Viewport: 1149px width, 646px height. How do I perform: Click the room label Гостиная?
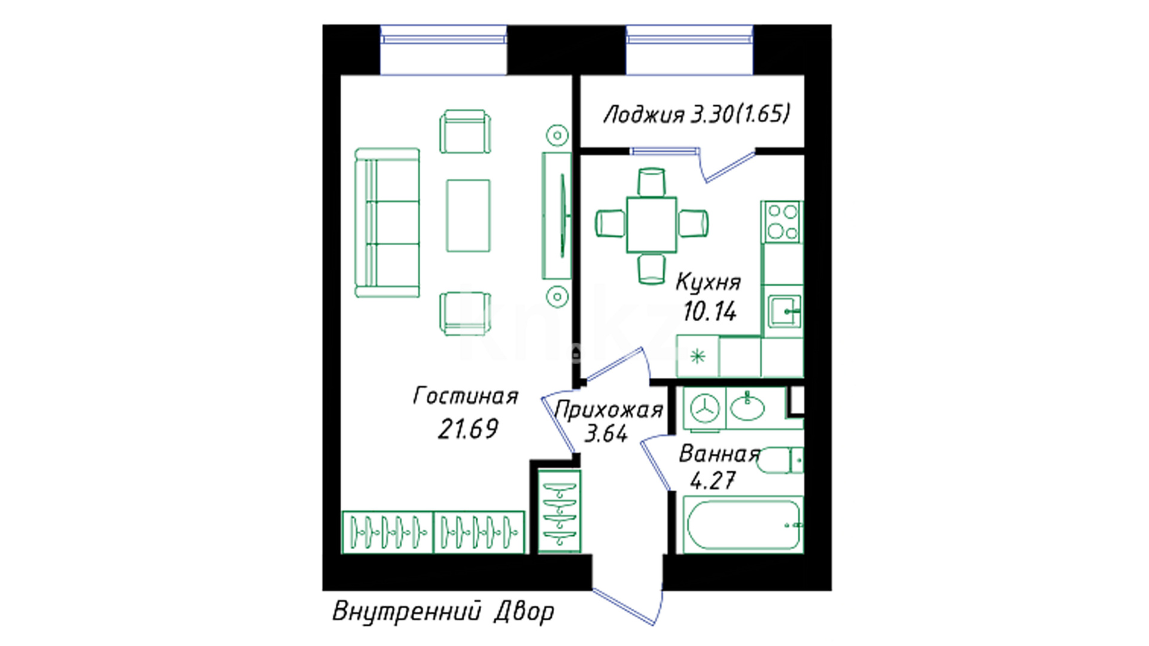[x=466, y=396]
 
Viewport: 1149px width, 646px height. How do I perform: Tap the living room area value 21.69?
[x=468, y=429]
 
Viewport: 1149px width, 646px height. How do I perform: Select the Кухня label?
[x=709, y=282]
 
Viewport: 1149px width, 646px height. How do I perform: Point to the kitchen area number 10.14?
[x=710, y=311]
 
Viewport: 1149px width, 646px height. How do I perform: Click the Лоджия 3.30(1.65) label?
[x=697, y=114]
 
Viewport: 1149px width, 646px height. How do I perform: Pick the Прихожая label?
[x=609, y=410]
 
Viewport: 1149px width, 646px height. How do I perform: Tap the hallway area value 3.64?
[x=606, y=434]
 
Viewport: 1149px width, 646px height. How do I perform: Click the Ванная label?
[x=719, y=455]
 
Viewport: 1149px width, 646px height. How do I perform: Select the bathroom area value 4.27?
[x=713, y=480]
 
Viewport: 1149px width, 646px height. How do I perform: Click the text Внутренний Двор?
[x=443, y=611]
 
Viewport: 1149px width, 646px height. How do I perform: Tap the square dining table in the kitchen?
[x=652, y=225]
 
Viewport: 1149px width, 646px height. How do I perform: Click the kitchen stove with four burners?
[x=782, y=222]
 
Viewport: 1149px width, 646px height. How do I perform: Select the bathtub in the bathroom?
[x=743, y=525]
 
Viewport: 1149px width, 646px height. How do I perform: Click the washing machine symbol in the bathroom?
[x=705, y=409]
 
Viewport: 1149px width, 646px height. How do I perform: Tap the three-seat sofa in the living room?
[x=387, y=223]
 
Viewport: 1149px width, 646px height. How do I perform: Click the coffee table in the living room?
[x=468, y=216]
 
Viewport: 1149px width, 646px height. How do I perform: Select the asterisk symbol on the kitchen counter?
[x=698, y=357]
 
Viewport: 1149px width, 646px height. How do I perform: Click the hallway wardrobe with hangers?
[x=559, y=511]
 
